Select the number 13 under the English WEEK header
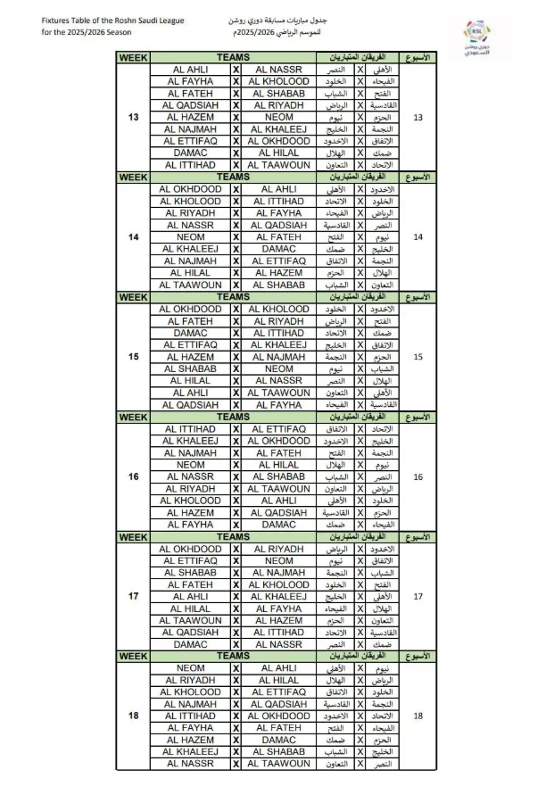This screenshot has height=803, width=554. (134, 117)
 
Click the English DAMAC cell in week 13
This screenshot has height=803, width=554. (191, 153)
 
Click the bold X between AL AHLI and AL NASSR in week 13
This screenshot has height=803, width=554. (236, 70)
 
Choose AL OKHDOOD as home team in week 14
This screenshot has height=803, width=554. (191, 189)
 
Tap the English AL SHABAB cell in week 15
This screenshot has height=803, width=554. (191, 368)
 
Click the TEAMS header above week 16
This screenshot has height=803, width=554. (233, 417)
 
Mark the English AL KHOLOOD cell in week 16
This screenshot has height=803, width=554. (191, 501)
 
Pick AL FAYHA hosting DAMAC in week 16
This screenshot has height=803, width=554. (191, 525)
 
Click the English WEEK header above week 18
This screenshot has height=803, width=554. (134, 656)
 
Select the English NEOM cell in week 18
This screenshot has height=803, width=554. (191, 668)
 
